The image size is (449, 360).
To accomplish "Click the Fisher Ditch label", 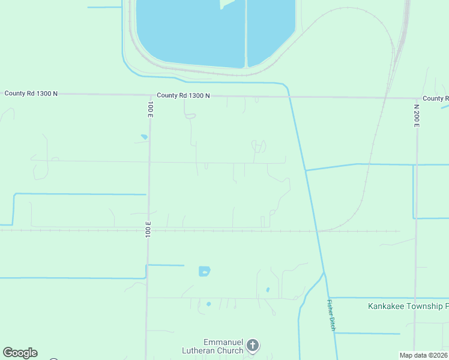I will (x=330, y=314).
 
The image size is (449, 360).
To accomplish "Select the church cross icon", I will (x=253, y=345).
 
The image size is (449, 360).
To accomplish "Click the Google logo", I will (x=20, y=353).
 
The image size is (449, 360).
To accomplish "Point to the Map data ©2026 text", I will (x=424, y=355).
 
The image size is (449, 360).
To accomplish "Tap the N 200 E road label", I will (x=416, y=115).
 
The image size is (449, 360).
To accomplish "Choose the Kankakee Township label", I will (x=408, y=306).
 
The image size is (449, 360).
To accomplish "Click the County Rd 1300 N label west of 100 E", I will (x=31, y=94).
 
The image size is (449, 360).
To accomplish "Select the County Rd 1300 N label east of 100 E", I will (x=183, y=95).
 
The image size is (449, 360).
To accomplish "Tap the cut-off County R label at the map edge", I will (x=435, y=98).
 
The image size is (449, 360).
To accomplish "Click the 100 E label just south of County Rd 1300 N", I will (x=150, y=109).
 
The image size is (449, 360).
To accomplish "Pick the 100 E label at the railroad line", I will (x=148, y=229).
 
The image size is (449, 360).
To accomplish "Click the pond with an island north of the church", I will (x=205, y=271).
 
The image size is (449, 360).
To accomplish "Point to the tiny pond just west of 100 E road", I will (x=144, y=137).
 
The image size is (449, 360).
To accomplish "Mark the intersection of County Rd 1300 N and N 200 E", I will (x=416, y=98).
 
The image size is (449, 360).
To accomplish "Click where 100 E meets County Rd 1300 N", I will (x=149, y=95).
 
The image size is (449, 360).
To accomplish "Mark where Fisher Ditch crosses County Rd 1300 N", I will (x=290, y=96).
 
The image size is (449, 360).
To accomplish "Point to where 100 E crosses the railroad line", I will (x=148, y=230).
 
